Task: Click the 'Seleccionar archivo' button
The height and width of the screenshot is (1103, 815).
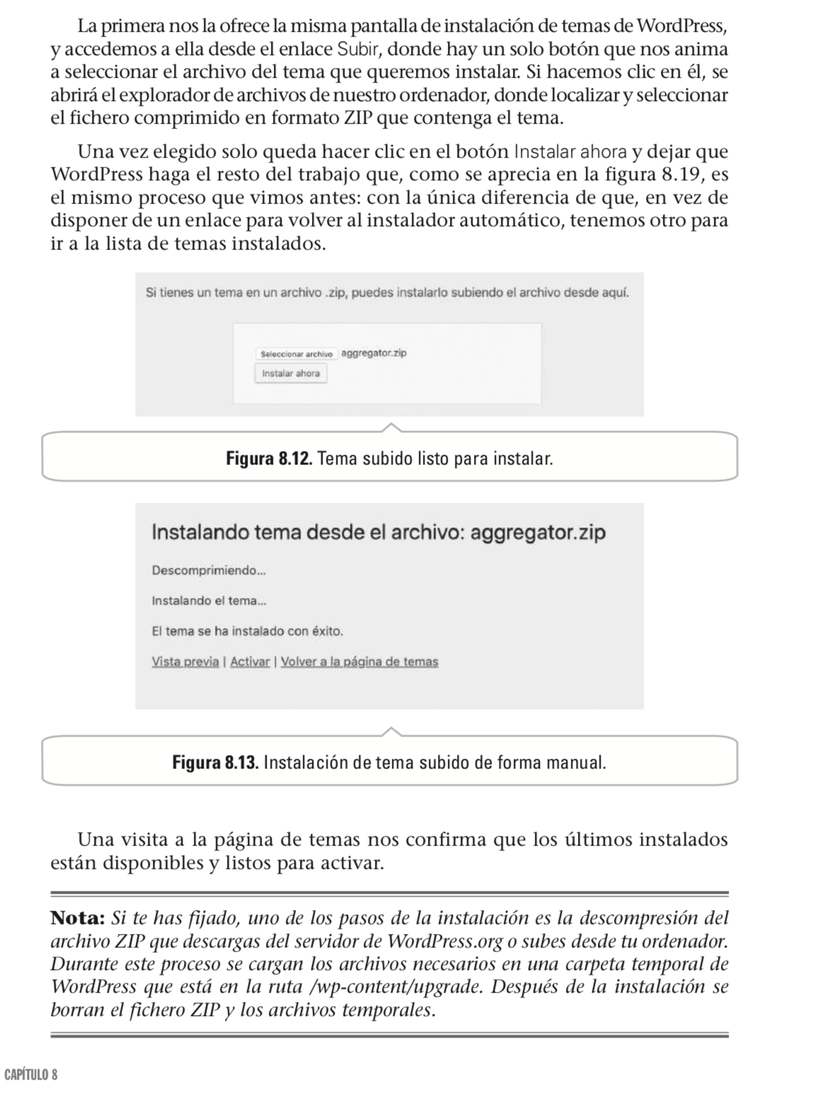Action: [x=296, y=354]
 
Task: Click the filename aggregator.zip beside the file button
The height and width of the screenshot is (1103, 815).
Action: [x=374, y=353]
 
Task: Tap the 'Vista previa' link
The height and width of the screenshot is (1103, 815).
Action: [x=185, y=662]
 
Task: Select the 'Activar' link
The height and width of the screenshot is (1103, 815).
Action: [x=250, y=662]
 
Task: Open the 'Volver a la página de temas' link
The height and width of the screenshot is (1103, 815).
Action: [x=359, y=662]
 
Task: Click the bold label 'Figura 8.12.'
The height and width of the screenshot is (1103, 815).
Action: [x=269, y=459]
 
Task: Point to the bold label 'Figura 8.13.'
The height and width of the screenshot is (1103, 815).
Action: [x=216, y=763]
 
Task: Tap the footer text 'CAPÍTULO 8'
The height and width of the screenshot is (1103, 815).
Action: [x=30, y=1075]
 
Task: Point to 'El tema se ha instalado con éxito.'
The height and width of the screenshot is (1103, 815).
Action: [x=247, y=631]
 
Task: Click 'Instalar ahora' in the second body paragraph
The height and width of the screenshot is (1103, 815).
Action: [x=570, y=152]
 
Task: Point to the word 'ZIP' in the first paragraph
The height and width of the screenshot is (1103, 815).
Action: [x=358, y=118]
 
